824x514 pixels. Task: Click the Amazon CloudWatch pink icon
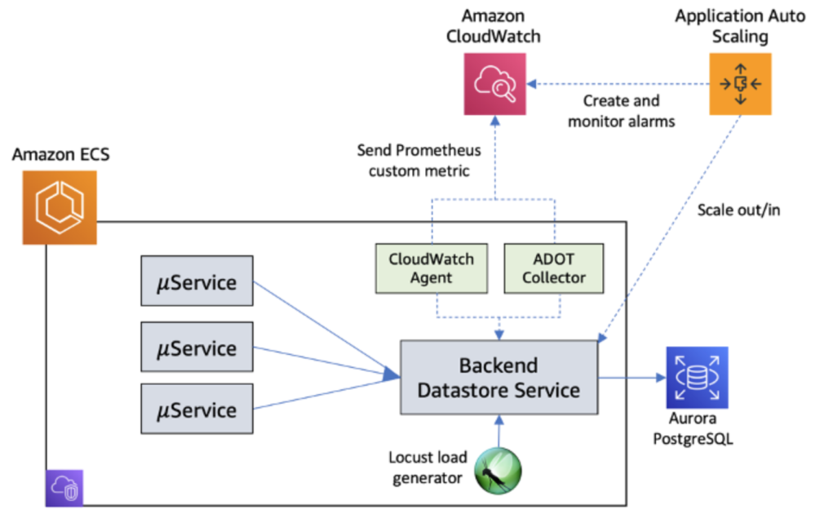[x=494, y=83]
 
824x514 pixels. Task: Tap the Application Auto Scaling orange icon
[x=740, y=83]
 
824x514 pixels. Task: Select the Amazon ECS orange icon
[x=60, y=207]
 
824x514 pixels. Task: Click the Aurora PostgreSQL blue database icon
[x=696, y=377]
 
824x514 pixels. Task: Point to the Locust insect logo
[x=498, y=471]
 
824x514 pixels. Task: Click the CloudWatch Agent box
[x=431, y=268]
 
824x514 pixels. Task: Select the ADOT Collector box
[x=554, y=268]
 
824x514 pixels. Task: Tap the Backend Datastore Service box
[x=498, y=378]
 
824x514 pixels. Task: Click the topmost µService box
[x=197, y=283]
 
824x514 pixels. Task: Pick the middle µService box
[x=197, y=348]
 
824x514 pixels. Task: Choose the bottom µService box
[x=197, y=410]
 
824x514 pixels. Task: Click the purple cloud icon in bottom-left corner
[x=64, y=490]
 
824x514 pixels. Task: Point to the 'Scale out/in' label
[x=738, y=210]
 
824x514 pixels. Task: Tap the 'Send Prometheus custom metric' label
[x=419, y=161]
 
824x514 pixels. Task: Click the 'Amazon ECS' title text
[x=60, y=155]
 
